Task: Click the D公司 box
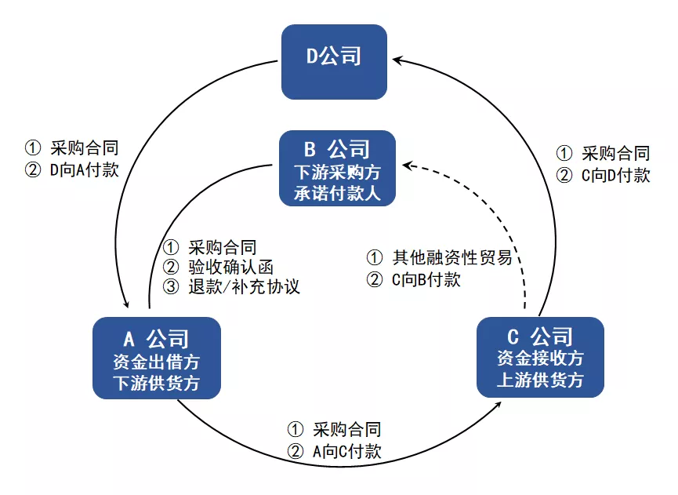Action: coord(335,62)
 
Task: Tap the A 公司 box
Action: coord(157,357)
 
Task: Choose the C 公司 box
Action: coord(541,357)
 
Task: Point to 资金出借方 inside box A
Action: coord(157,362)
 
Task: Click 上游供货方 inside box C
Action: coord(541,380)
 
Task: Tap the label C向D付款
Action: coord(615,175)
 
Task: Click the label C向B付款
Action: coord(426,279)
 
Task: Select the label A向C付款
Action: coord(346,451)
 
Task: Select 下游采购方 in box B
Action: coord(338,170)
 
